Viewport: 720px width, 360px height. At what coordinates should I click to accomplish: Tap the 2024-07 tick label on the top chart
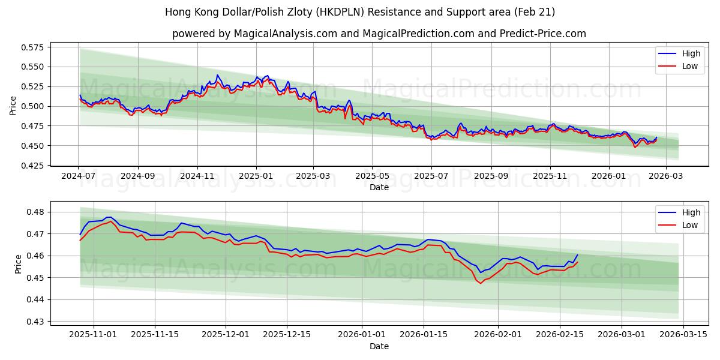click(x=78, y=176)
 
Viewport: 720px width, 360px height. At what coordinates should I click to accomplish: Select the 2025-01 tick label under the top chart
click(x=256, y=176)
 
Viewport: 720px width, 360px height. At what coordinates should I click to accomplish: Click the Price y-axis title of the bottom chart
click(x=17, y=264)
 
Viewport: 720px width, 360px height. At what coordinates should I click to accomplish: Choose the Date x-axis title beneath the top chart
click(x=379, y=187)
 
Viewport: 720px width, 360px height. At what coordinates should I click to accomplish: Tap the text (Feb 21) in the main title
click(x=535, y=12)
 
